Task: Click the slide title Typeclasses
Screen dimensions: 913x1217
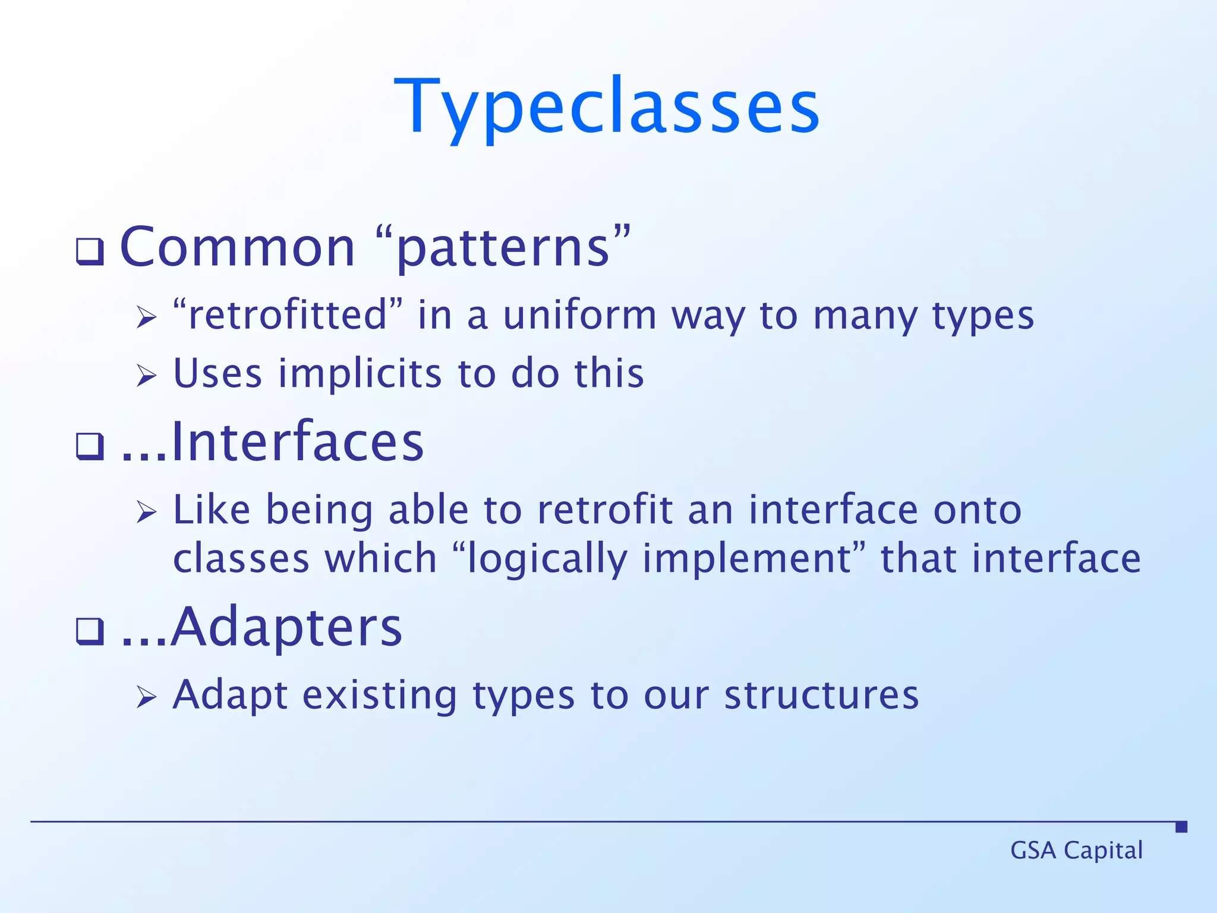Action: click(x=607, y=107)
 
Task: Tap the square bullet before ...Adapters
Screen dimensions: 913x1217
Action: click(x=90, y=631)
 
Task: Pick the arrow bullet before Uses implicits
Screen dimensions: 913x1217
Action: click(x=146, y=375)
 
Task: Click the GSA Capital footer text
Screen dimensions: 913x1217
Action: click(x=1076, y=851)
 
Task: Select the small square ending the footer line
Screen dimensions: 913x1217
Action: click(x=1181, y=826)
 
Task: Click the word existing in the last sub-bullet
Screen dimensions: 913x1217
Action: click(x=380, y=695)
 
